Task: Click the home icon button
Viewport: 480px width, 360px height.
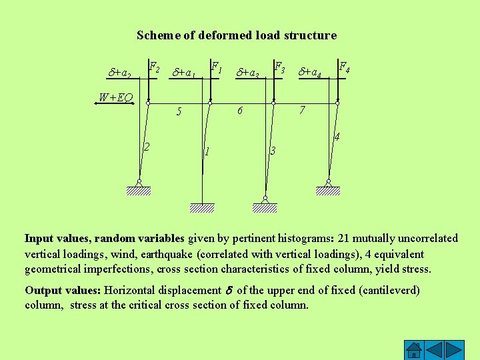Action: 415,350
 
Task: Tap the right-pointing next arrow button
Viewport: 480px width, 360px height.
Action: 455,350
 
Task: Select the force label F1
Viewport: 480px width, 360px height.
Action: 216,67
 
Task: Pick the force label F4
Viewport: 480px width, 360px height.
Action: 345,67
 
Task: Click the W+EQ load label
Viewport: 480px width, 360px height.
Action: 115,98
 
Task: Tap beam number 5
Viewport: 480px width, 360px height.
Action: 179,112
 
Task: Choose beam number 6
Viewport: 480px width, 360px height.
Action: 240,111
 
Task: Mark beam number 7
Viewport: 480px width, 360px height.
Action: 302,110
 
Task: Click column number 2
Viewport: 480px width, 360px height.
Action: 147,146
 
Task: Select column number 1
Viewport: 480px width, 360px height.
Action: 207,151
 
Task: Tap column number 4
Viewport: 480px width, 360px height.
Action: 337,138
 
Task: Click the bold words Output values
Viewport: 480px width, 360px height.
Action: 63,290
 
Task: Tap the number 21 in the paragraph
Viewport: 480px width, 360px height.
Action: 345,238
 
